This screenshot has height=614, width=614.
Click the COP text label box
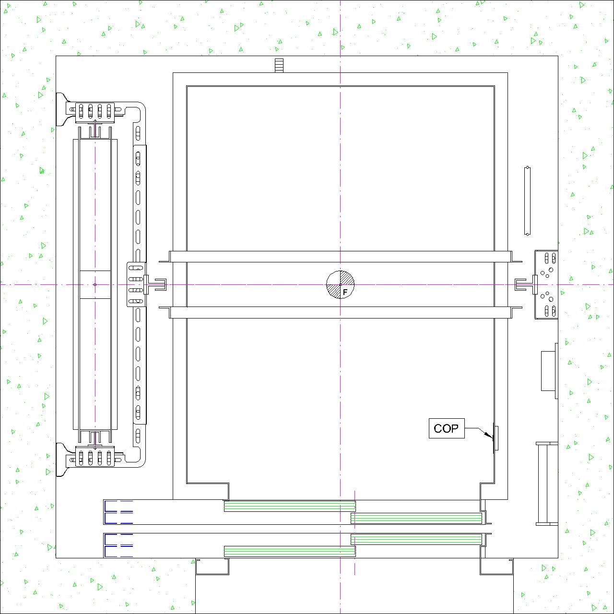click(447, 428)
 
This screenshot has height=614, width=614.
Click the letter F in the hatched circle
click(345, 292)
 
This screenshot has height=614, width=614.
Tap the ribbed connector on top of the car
click(279, 65)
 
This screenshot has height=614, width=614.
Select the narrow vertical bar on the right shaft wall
click(527, 201)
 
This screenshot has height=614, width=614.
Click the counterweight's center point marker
click(95, 284)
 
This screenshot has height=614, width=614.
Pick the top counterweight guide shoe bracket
click(95, 112)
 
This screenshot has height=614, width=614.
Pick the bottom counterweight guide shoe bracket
click(95, 457)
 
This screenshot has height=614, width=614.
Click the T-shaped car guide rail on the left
click(155, 284)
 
